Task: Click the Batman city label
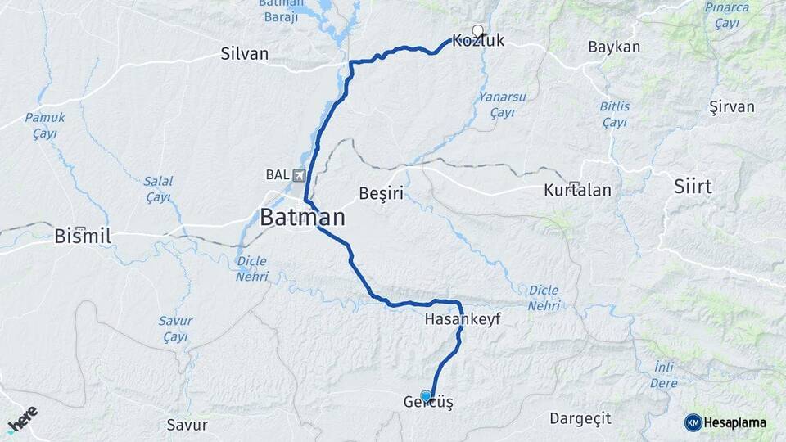(x=302, y=218)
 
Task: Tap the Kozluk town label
(x=477, y=40)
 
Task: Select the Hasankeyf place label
(x=463, y=319)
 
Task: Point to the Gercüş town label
(x=428, y=403)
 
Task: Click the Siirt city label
(x=692, y=187)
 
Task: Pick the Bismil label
(x=83, y=237)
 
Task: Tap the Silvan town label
(x=244, y=54)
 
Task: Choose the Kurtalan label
(x=577, y=191)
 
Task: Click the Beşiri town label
(x=382, y=193)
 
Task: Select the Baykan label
(x=614, y=47)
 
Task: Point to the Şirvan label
(x=732, y=107)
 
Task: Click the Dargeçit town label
(x=580, y=418)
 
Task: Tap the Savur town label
(x=187, y=425)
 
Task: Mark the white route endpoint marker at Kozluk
(x=478, y=29)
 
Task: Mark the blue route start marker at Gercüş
(x=426, y=395)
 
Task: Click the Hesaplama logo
(x=725, y=422)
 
